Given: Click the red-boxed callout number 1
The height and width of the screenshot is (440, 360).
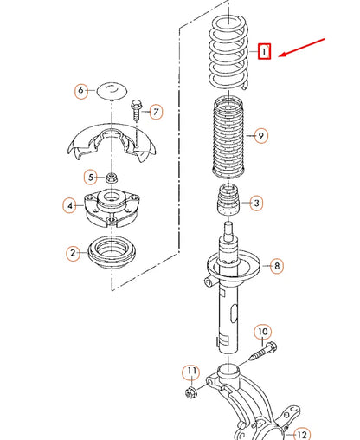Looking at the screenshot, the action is (x=264, y=51).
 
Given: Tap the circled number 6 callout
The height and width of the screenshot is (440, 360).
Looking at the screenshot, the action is (x=81, y=91).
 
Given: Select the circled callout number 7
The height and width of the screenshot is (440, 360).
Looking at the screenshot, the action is (x=156, y=112).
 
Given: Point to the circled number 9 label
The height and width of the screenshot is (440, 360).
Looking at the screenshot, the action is (x=260, y=135).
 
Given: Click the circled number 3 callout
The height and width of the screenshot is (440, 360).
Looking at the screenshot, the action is (x=256, y=204).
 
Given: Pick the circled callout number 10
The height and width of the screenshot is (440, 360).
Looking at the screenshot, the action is (x=262, y=332).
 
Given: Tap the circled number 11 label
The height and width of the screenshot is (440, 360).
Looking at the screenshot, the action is (x=191, y=372).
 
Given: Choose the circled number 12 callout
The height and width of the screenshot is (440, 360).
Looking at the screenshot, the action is (x=301, y=434).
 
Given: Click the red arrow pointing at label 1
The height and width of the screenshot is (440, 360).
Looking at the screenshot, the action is (x=302, y=47).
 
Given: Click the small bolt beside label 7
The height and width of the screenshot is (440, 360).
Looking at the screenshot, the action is (x=137, y=110).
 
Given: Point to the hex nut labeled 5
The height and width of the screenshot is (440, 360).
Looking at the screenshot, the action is (x=112, y=178).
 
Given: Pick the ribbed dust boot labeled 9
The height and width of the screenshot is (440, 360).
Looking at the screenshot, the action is (x=228, y=137).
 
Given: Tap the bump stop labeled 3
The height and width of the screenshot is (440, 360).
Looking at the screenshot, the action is (x=228, y=200).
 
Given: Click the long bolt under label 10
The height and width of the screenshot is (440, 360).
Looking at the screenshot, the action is (x=262, y=351).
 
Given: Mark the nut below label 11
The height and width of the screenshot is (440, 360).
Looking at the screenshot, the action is (x=190, y=391).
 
